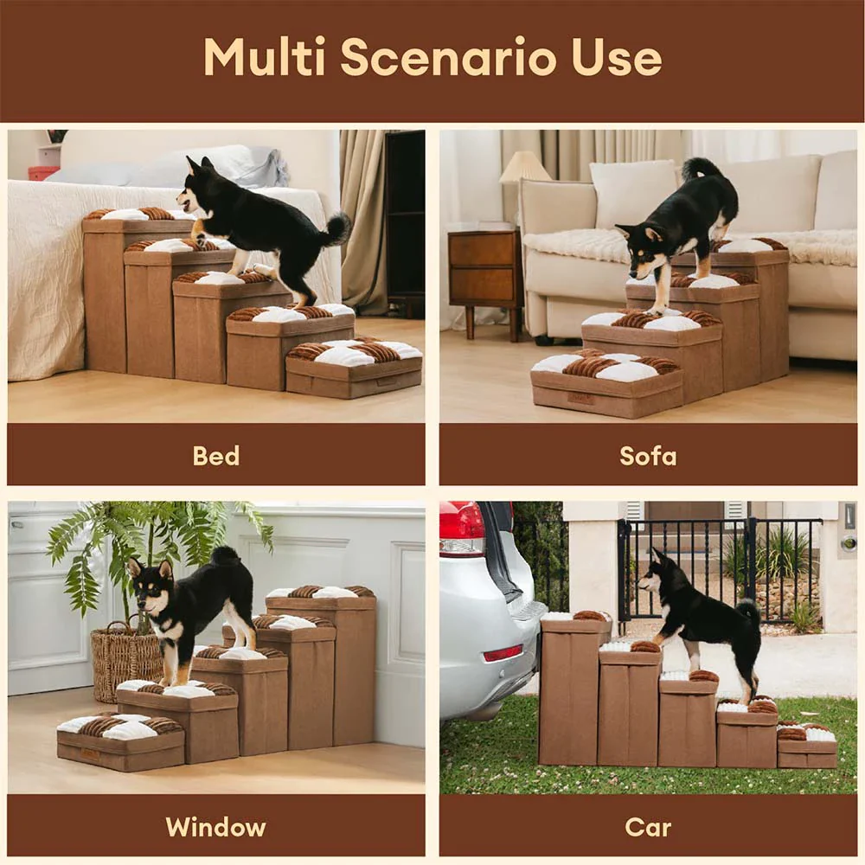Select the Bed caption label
[x=216, y=455]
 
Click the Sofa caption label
[x=648, y=455]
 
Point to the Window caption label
[x=216, y=826]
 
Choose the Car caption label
[x=648, y=826]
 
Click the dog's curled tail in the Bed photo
[x=336, y=228]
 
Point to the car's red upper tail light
[x=462, y=523]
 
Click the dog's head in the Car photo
[x=656, y=571]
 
